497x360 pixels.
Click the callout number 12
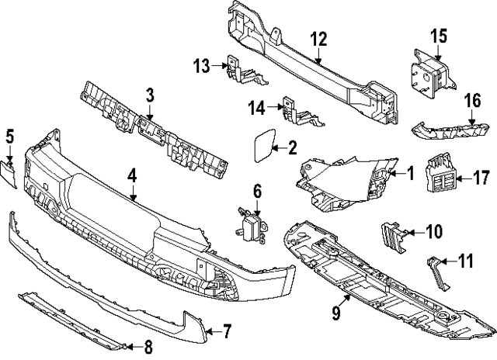pyautogui.click(x=320, y=40)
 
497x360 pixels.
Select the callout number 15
pyautogui.click(x=440, y=36)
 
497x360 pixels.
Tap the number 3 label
pyautogui.click(x=150, y=95)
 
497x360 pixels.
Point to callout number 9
pyautogui.click(x=336, y=313)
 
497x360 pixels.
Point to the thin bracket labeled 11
pyautogui.click(x=437, y=272)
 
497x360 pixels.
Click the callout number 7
pyautogui.click(x=227, y=333)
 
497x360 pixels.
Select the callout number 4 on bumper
pyautogui.click(x=133, y=175)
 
